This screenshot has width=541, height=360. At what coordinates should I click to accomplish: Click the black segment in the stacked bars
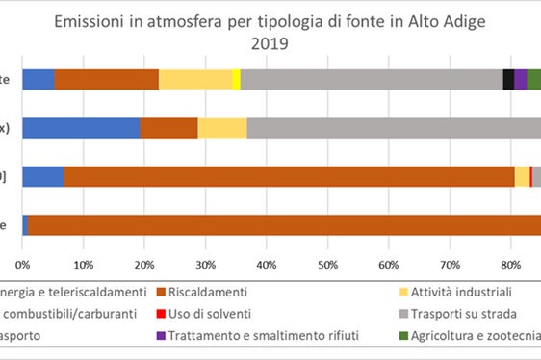(x=508, y=80)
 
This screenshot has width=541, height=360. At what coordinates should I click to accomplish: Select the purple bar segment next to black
(x=521, y=80)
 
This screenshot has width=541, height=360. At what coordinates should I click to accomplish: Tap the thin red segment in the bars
(x=530, y=176)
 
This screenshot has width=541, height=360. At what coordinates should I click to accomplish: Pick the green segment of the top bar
(x=534, y=80)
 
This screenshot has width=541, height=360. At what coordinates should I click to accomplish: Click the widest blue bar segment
(x=81, y=128)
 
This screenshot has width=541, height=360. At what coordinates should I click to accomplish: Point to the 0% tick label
(x=22, y=263)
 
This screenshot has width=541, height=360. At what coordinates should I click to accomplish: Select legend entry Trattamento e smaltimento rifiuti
(x=251, y=336)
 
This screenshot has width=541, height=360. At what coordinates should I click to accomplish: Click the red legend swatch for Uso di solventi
(x=161, y=314)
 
